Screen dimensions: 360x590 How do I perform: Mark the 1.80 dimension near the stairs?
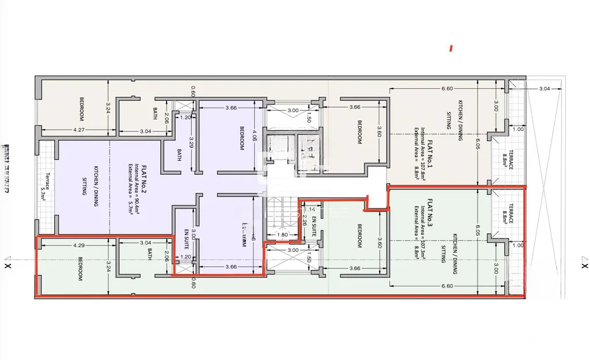(282, 234)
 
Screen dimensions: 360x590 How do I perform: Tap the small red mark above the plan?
(451, 49)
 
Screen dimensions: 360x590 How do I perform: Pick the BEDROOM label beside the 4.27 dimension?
(81, 108)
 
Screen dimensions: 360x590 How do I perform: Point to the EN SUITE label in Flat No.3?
(313, 229)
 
